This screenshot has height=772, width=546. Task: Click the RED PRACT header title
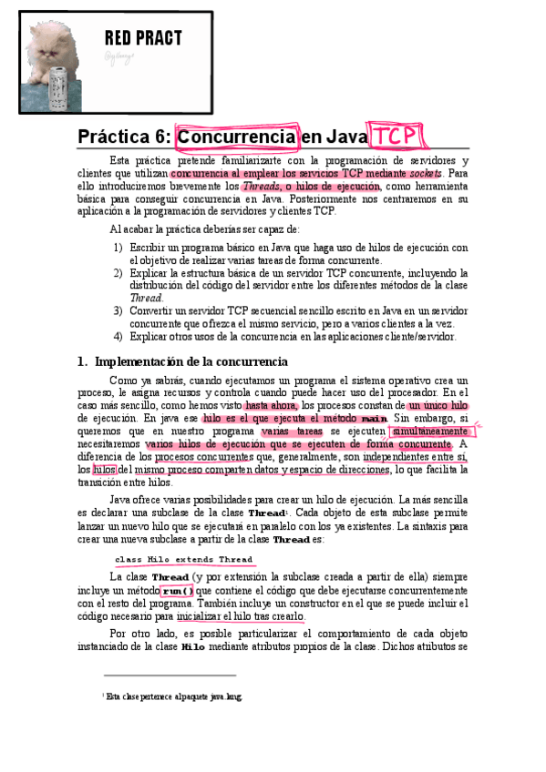143,37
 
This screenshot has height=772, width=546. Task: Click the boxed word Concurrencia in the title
236,137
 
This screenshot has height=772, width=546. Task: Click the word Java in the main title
345,137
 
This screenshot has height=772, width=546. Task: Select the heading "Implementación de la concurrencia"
191,361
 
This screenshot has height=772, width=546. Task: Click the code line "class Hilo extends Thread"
183,559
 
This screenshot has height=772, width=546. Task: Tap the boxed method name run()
177,590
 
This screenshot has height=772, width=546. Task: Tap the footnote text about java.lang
174,697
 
